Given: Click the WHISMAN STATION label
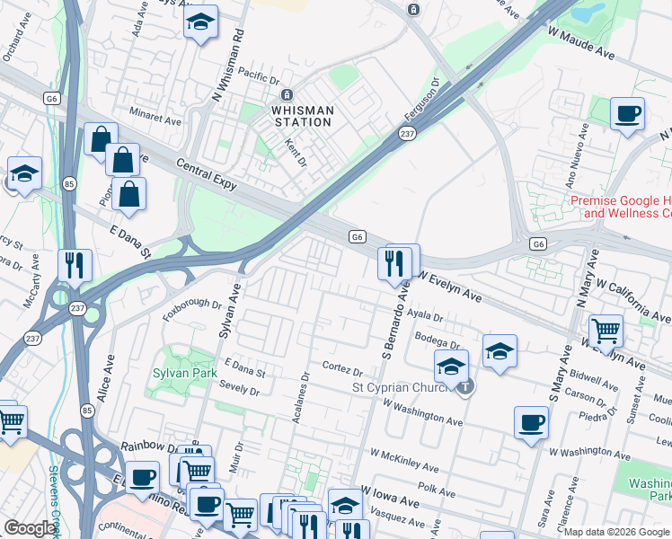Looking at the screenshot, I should pyautogui.click(x=303, y=110).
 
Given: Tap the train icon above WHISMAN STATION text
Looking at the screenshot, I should pyautogui.click(x=287, y=95).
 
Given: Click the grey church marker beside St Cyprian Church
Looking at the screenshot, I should pyautogui.click(x=464, y=387).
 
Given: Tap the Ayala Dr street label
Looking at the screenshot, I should pyautogui.click(x=425, y=316).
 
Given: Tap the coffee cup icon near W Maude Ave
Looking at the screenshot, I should pyautogui.click(x=628, y=114).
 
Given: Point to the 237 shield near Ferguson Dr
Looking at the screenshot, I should pyautogui.click(x=405, y=133).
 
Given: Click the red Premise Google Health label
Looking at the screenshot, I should pyautogui.click(x=620, y=208).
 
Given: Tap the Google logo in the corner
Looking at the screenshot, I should pyautogui.click(x=30, y=528).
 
